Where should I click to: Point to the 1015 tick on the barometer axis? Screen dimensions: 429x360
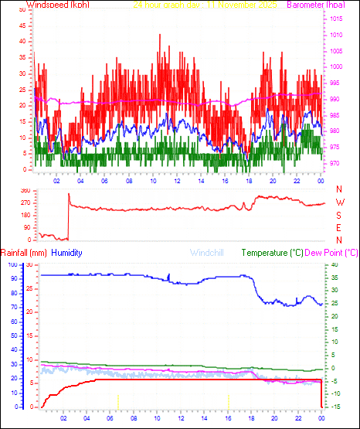337,19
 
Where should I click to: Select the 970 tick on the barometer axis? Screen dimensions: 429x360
335,163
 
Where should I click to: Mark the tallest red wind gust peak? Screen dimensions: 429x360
160,35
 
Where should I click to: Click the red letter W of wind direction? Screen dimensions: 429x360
339,203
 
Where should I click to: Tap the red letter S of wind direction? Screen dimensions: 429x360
339,215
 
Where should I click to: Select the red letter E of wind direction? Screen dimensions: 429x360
339,227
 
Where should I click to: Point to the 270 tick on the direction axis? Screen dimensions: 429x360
25,203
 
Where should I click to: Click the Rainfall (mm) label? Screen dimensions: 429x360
24,253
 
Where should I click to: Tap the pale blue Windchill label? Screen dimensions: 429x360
206,253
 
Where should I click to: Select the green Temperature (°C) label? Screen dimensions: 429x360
273,253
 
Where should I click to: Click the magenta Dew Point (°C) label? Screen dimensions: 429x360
332,253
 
